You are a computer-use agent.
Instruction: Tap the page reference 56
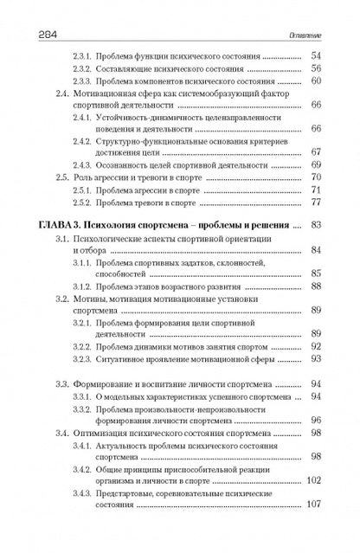tap(316, 68)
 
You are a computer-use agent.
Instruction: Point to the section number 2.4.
tap(62, 93)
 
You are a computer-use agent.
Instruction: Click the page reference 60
tap(316, 80)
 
